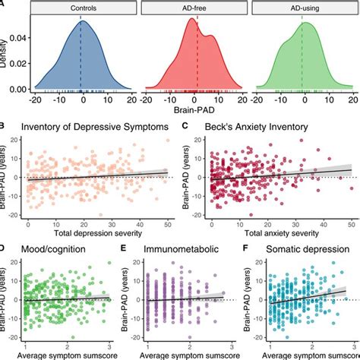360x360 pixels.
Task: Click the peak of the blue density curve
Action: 81,21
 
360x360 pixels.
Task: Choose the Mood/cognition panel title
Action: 57,248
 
